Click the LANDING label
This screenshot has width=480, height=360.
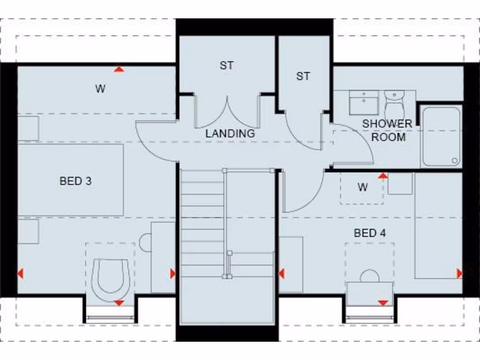[230, 133]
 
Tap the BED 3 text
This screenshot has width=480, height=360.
[75, 181]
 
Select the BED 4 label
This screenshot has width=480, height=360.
[370, 233]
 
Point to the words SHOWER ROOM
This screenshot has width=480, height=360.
[387, 130]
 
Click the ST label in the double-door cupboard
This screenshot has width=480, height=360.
[226, 66]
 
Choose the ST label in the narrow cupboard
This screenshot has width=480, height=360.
[303, 76]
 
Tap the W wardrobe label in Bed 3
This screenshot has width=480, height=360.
[100, 89]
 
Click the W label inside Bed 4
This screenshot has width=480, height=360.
[362, 187]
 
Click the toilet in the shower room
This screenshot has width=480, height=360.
[394, 105]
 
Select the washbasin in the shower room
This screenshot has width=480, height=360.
[364, 102]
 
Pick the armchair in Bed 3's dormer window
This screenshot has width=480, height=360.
[111, 278]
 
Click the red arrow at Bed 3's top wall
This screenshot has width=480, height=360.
[120, 69]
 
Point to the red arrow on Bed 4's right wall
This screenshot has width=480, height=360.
[459, 273]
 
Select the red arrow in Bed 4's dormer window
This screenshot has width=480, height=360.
[383, 303]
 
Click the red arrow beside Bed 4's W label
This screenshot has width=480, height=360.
[383, 176]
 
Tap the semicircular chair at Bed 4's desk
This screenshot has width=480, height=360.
[369, 276]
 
